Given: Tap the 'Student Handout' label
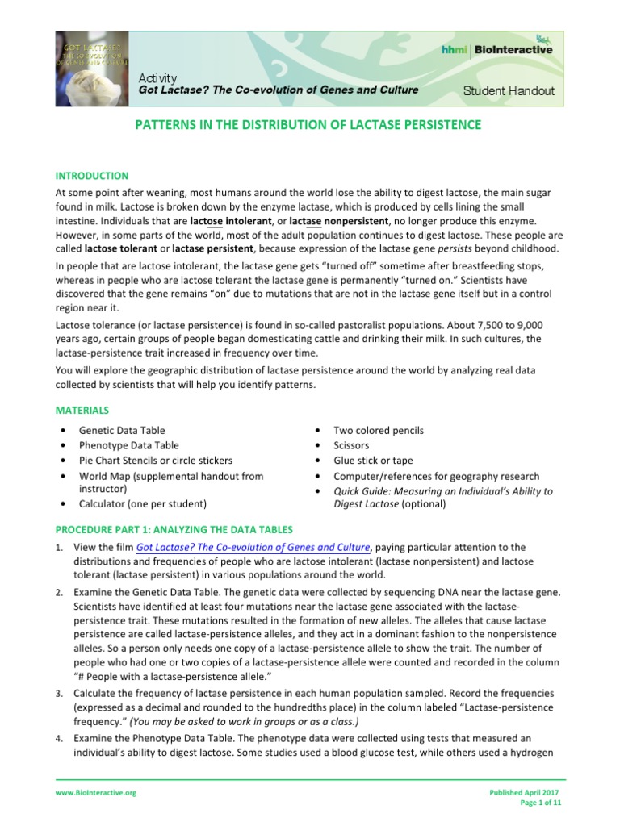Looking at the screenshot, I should coord(509,90).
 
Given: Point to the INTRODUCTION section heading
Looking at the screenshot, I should coord(91,176).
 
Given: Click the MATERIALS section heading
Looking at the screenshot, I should coord(82,411).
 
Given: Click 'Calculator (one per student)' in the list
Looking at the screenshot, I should coord(142,503).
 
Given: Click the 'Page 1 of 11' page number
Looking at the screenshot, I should coord(542,804).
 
